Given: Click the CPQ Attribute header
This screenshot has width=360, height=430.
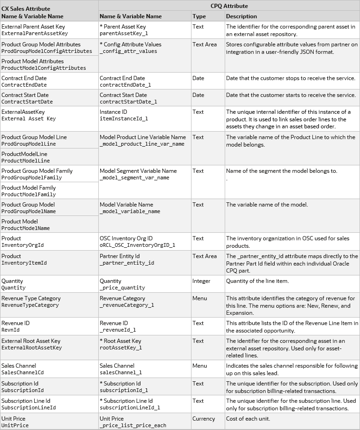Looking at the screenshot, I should pyautogui.click(x=229, y=6).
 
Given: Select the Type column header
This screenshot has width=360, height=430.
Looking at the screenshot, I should pyautogui.click(x=199, y=16).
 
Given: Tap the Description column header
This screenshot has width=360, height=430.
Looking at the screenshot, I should pyautogui.click(x=241, y=16).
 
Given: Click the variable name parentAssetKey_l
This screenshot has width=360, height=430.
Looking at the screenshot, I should pyautogui.click(x=124, y=34).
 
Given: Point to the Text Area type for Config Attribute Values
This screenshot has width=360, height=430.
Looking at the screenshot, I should pyautogui.click(x=205, y=44).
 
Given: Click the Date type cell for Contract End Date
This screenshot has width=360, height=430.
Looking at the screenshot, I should pyautogui.click(x=198, y=78).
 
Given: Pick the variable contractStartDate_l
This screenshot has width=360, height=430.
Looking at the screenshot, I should pyautogui.click(x=128, y=102).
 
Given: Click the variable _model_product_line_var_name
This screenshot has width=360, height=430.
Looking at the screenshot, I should pyautogui.click(x=136, y=144).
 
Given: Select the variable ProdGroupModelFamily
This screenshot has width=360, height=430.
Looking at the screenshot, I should pyautogui.click(x=32, y=178).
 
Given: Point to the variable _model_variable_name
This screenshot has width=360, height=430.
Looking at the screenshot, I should pyautogui.click(x=130, y=211).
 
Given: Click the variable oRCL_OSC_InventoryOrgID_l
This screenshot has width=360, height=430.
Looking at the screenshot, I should pyautogui.click(x=138, y=245).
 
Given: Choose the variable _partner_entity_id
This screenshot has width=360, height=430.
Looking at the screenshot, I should pyautogui.click(x=127, y=263).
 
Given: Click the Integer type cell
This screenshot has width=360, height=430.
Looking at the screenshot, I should pyautogui.click(x=202, y=281).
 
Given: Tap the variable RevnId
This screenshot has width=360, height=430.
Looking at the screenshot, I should pyautogui.click(x=10, y=330).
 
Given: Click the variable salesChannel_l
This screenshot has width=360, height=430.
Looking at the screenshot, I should pyautogui.click(x=121, y=372).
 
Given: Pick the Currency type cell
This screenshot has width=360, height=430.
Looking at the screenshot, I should pyautogui.click(x=204, y=419).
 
